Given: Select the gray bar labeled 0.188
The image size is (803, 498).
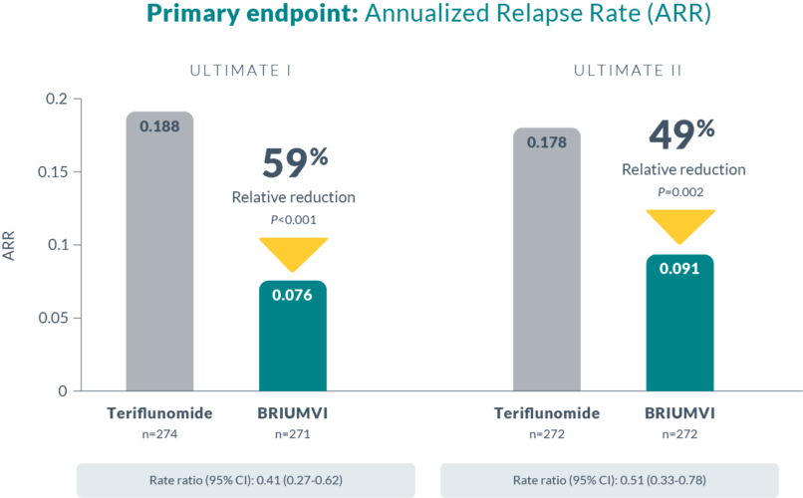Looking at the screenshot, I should coord(159,249).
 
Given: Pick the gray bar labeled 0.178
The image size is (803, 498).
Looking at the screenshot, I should coord(547,259).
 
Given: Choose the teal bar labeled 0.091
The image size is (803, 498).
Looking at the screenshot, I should coord(679,324).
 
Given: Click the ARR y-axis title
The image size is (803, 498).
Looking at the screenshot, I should coord(11,245).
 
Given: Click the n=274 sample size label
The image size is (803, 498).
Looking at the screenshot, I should coord(159,433).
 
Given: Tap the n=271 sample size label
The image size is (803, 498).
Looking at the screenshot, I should coord(293,433).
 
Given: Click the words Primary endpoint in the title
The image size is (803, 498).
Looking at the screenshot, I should coord(231,17).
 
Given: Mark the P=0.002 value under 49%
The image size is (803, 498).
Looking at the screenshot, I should coord(680,189).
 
